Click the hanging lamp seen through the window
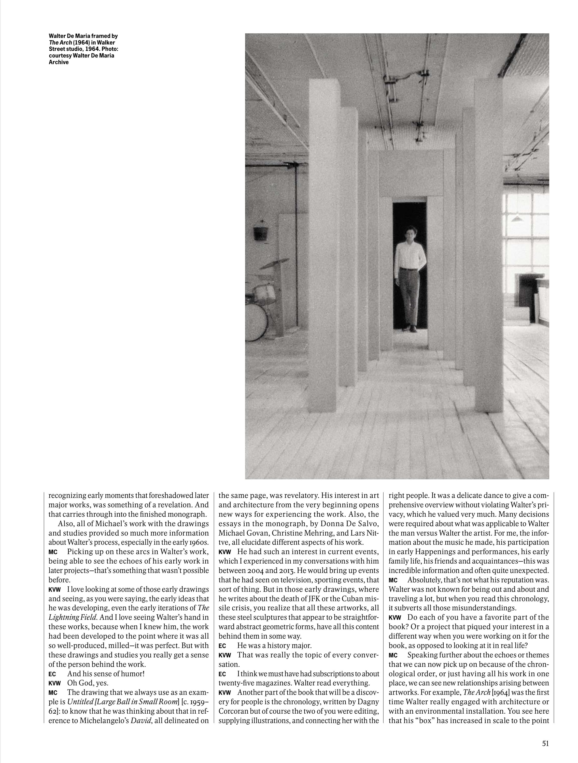516,219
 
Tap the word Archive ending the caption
58,62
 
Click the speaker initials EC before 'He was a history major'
222,646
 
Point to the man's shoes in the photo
409,329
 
